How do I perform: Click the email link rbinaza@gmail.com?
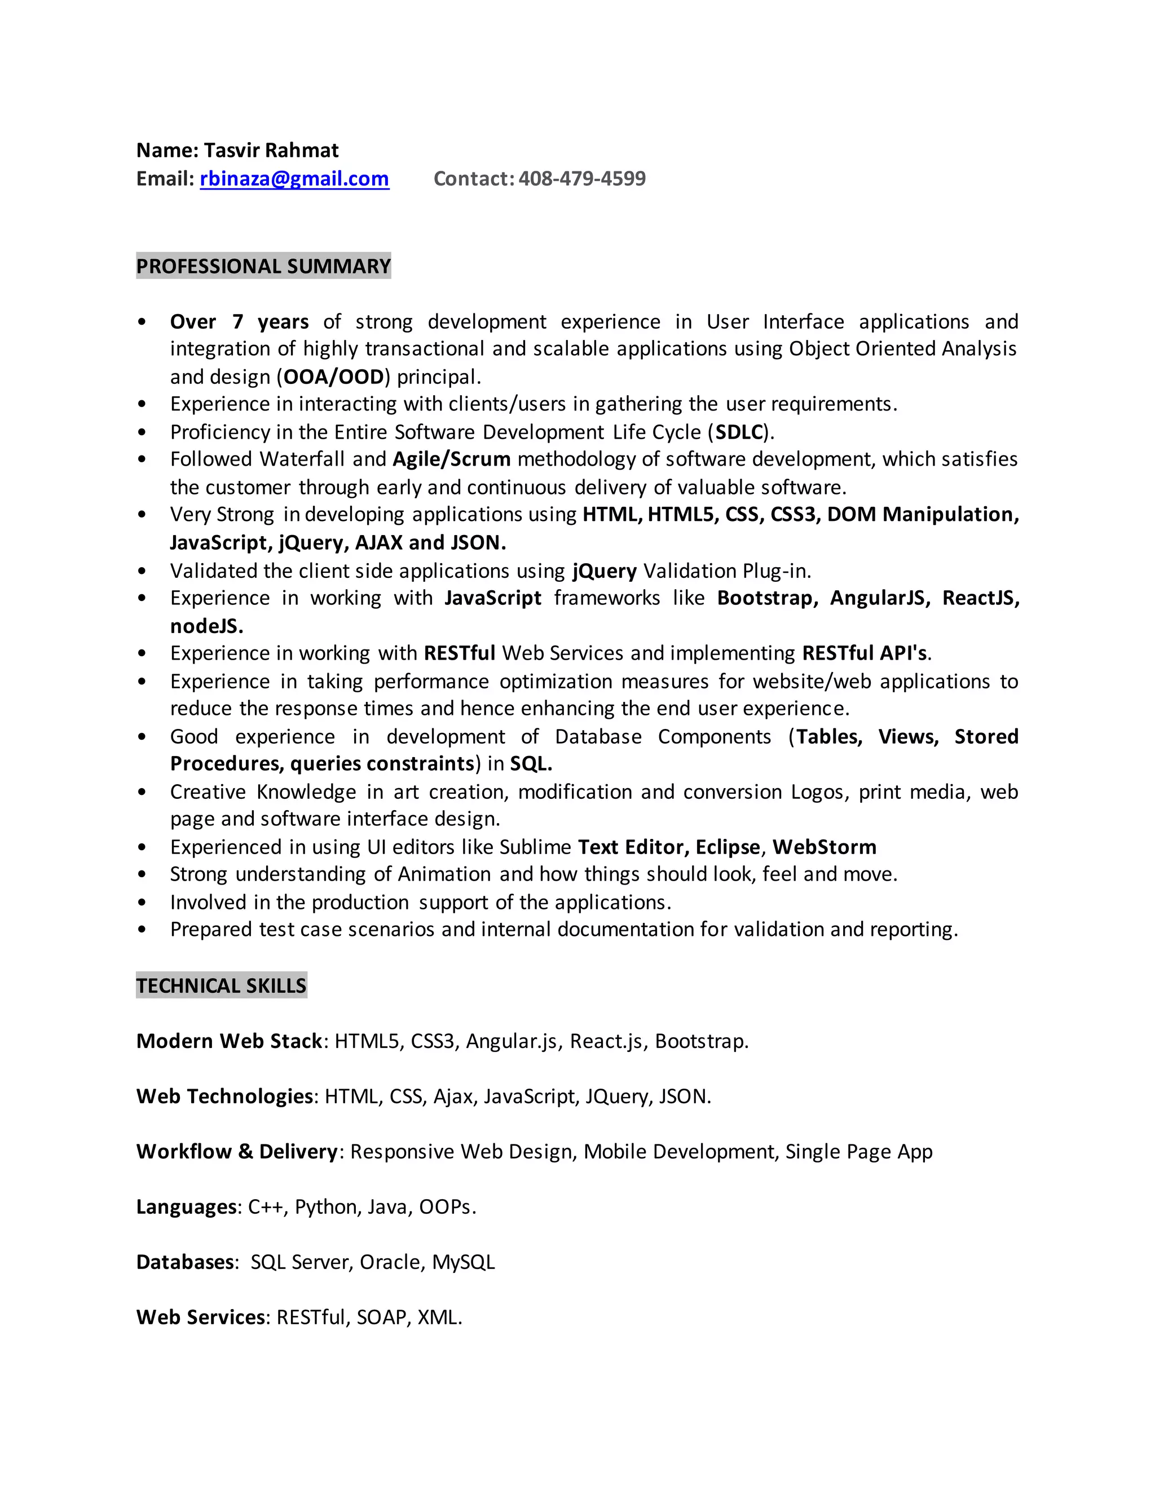tap(294, 179)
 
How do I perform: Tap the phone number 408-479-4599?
tap(581, 179)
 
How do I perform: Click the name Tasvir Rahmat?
tap(271, 151)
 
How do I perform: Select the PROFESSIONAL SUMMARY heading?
tap(263, 266)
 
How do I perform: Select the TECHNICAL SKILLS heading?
tap(221, 985)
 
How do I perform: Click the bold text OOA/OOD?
tap(334, 377)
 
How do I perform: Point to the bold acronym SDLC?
tap(739, 432)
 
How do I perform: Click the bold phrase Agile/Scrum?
tap(452, 459)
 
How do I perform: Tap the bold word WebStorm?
tap(825, 847)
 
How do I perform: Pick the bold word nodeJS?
tap(206, 626)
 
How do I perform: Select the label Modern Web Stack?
tap(229, 1041)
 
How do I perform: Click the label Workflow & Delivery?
tap(237, 1152)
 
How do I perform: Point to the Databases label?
tap(186, 1262)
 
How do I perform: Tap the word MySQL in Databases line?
tap(463, 1262)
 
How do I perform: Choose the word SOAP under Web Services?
tap(382, 1318)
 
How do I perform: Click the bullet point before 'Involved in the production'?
tap(142, 903)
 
